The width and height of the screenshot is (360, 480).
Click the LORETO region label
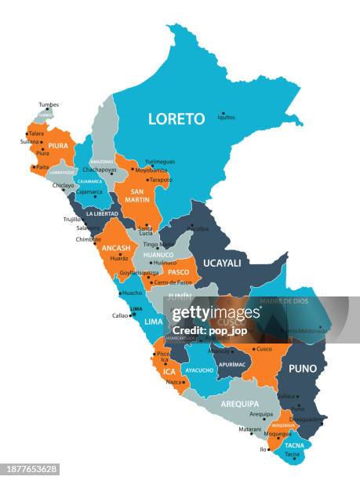[176, 119]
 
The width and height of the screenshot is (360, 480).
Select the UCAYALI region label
[223, 263]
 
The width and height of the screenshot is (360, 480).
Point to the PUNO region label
[303, 368]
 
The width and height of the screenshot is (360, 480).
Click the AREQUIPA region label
[240, 403]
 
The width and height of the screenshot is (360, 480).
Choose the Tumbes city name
[49, 104]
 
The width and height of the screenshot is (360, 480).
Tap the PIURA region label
[57, 145]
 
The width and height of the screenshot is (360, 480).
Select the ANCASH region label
[115, 248]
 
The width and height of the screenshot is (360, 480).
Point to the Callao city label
[120, 315]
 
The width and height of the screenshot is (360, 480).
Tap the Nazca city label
[174, 380]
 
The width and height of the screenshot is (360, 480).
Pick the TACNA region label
[295, 445]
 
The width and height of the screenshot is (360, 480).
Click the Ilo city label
[264, 450]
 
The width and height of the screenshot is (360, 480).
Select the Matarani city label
[250, 430]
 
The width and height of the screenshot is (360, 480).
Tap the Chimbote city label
[89, 239]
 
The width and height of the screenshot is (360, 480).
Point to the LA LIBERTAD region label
[102, 213]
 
